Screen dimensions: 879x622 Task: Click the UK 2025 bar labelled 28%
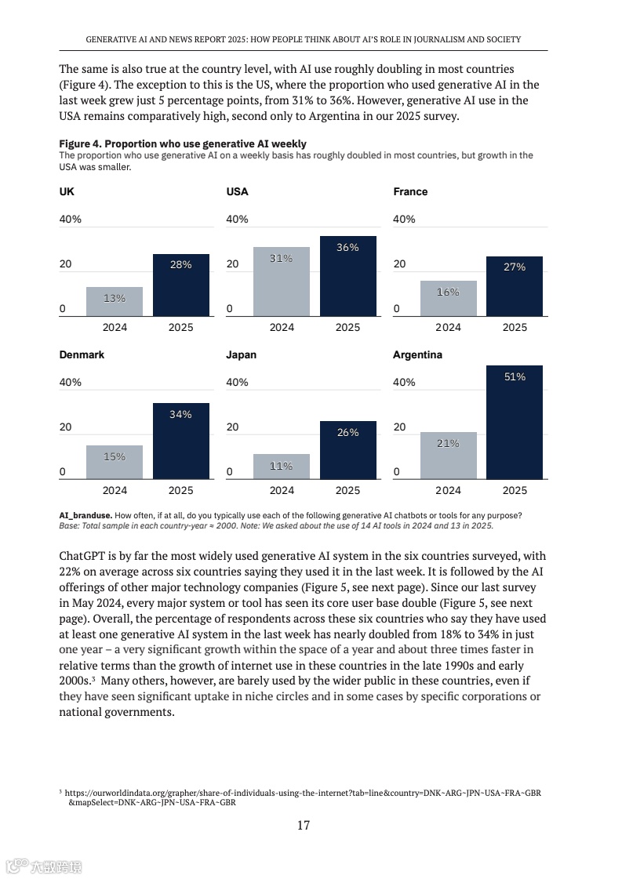181,285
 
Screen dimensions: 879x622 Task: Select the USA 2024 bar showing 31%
282,281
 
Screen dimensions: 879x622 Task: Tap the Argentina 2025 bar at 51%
515,422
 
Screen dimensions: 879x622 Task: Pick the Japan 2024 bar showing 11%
282,466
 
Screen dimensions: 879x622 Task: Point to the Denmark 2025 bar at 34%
181,441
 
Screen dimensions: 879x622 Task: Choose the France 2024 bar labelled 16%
448,298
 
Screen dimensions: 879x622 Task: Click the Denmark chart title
82,355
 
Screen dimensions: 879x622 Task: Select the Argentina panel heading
417,355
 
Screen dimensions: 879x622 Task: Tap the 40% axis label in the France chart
404,220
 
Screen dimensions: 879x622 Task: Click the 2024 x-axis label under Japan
282,491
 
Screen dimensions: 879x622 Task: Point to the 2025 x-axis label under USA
347,328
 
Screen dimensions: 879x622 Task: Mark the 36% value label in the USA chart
347,248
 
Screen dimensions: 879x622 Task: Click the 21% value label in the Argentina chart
448,444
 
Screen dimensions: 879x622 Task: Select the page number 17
303,825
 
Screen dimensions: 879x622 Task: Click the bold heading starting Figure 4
183,144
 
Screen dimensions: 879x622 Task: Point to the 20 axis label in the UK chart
65,264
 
